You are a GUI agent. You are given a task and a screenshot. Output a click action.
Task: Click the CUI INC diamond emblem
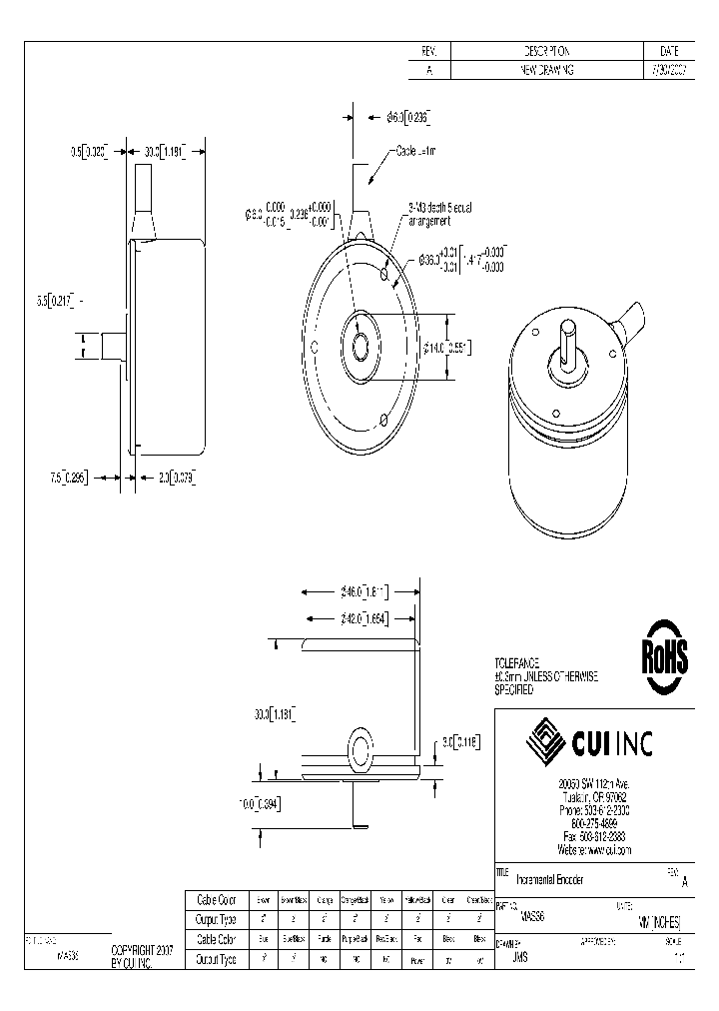click(x=546, y=739)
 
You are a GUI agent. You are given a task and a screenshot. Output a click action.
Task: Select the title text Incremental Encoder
click(x=550, y=879)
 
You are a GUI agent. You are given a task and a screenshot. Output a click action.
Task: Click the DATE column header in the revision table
click(x=669, y=51)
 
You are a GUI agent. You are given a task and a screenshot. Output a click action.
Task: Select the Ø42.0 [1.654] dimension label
click(x=363, y=618)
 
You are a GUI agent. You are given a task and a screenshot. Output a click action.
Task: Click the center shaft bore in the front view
click(x=360, y=348)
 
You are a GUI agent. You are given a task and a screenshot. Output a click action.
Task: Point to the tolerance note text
click(x=545, y=676)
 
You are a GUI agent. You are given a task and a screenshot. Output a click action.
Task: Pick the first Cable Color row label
click(x=216, y=899)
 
